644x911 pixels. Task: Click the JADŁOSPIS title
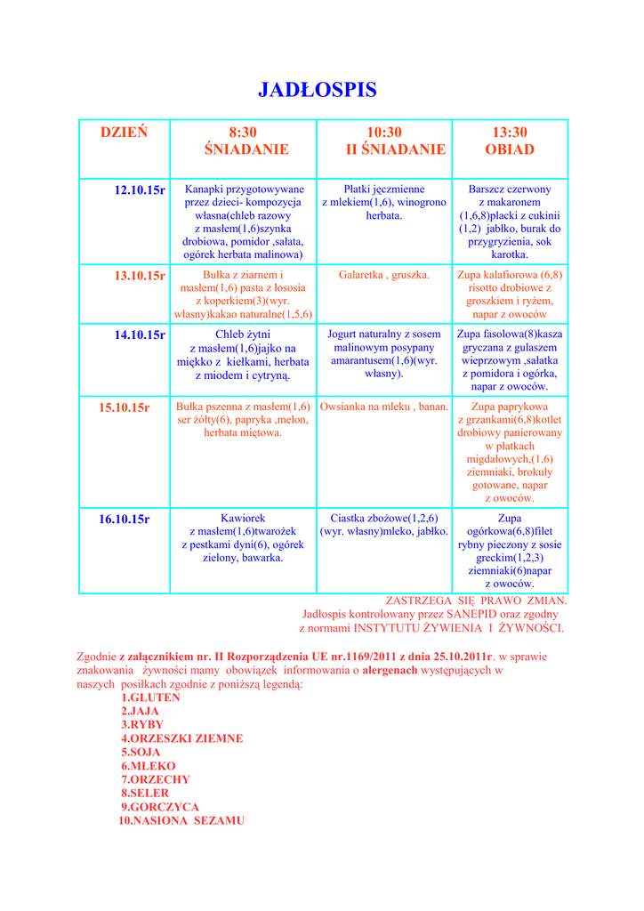point(318,90)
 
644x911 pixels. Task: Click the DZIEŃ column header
point(124,133)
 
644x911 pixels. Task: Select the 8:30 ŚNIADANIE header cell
point(243,141)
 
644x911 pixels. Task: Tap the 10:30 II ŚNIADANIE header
point(384,141)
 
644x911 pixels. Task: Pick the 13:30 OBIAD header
point(510,141)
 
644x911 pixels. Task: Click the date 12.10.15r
point(140,190)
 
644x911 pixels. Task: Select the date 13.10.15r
point(140,276)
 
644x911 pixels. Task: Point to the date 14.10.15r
point(140,335)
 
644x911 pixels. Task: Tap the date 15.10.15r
point(125,407)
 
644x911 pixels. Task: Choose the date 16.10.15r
point(125,519)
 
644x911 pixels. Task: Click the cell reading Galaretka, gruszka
point(384,275)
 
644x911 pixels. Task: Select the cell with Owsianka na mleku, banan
point(384,407)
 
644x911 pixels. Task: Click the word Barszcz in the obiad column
point(488,189)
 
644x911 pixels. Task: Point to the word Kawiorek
point(243,518)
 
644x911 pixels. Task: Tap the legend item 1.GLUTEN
point(150,697)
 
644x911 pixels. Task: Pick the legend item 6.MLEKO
point(149,766)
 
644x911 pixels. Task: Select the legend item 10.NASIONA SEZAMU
point(181,820)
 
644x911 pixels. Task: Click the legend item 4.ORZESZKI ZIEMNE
point(181,738)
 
